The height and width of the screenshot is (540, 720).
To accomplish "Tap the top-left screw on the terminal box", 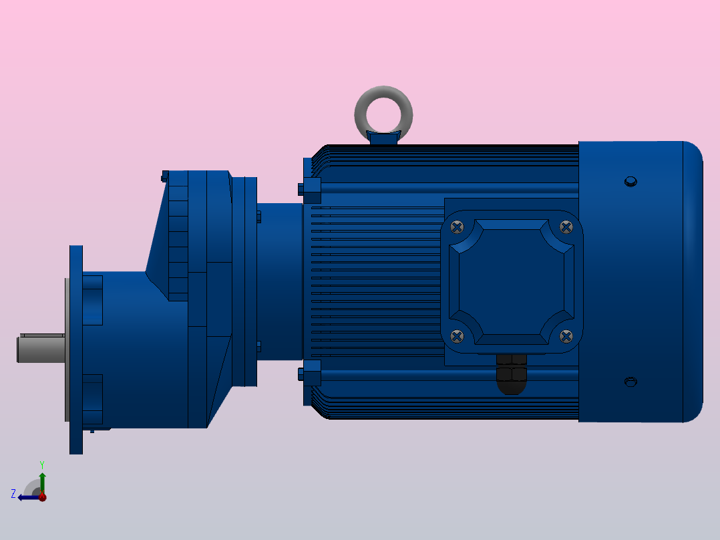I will pyautogui.click(x=457, y=227).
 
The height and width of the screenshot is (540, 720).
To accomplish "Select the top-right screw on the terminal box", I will pyautogui.click(x=566, y=227).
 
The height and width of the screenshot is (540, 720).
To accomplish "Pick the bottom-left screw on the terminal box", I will pyautogui.click(x=457, y=335).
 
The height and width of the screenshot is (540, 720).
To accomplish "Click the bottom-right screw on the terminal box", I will pyautogui.click(x=566, y=335).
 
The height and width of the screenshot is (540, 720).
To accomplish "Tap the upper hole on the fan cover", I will pyautogui.click(x=631, y=181).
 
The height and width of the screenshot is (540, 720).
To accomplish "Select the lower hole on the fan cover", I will pyautogui.click(x=631, y=382).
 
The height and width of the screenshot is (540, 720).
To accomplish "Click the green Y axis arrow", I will pyautogui.click(x=42, y=479).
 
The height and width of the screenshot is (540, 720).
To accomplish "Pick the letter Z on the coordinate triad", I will pyautogui.click(x=13, y=493).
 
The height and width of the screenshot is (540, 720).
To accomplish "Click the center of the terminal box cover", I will pyautogui.click(x=512, y=281).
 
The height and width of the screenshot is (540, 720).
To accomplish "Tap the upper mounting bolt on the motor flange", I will pyautogui.click(x=311, y=190).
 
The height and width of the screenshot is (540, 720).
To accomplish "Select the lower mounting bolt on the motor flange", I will pyautogui.click(x=311, y=373).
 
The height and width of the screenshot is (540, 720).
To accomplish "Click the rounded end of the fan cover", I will pyautogui.click(x=693, y=281).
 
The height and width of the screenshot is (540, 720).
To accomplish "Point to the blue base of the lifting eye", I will pyautogui.click(x=383, y=138).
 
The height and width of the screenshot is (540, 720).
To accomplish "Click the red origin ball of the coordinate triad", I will pyautogui.click(x=42, y=497).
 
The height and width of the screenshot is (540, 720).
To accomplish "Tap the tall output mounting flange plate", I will pyautogui.click(x=76, y=349).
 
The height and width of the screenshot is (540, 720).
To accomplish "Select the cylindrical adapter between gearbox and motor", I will pyautogui.click(x=280, y=281).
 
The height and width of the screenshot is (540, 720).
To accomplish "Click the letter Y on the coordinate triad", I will pyautogui.click(x=41, y=464).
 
